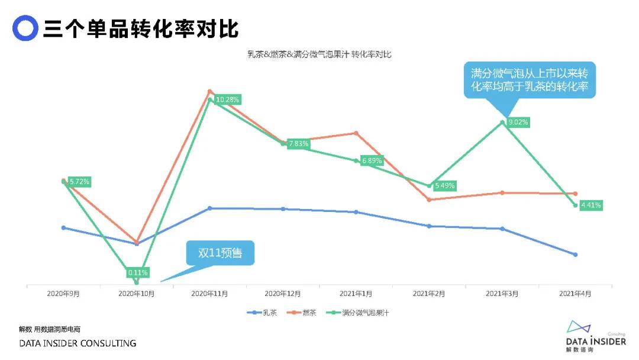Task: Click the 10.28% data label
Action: (x=228, y=99)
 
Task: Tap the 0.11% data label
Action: (x=137, y=273)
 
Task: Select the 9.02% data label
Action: (x=518, y=123)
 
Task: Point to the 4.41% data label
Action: (x=591, y=205)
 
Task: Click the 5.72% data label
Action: (x=79, y=182)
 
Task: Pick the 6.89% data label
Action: (x=372, y=160)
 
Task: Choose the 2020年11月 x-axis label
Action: (x=209, y=293)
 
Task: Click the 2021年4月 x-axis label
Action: (x=575, y=293)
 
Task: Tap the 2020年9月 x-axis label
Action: (x=63, y=293)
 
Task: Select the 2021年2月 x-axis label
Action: (x=429, y=293)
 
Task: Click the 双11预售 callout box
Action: (x=220, y=253)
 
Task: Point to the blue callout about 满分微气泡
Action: (x=529, y=80)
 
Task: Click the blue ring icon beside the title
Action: (x=25, y=28)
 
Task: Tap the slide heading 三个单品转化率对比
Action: (x=141, y=28)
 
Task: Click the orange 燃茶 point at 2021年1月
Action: (x=356, y=133)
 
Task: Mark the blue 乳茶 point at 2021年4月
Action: (x=575, y=255)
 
